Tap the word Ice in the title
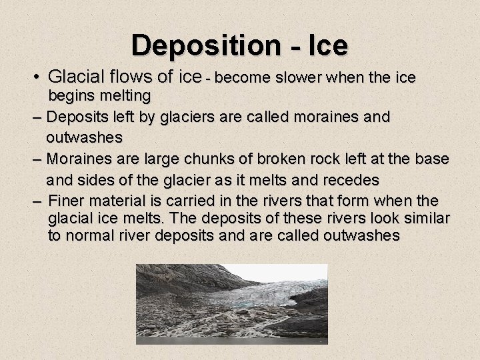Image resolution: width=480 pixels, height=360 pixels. point(327,45)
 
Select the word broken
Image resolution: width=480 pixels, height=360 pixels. point(255,159)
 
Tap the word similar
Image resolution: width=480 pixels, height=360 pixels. point(425,218)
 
